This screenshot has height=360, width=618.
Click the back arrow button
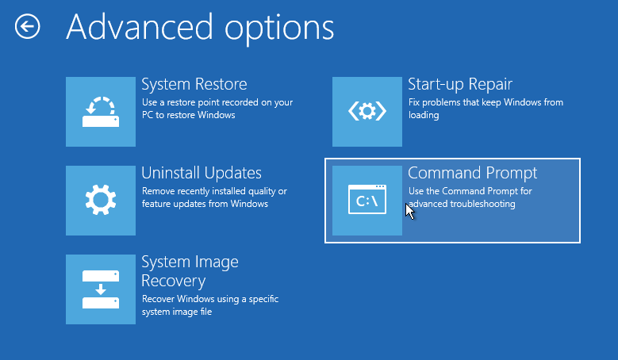pyautogui.click(x=28, y=27)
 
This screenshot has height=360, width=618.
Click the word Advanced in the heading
pyautogui.click(x=140, y=27)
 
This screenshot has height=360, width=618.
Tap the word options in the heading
pyautogui.click(x=279, y=30)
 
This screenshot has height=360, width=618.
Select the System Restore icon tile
pyautogui.click(x=101, y=112)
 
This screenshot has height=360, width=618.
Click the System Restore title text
pyautogui.click(x=194, y=84)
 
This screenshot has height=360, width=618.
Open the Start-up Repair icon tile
pyautogui.click(x=367, y=112)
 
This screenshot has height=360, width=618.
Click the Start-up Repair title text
pyautogui.click(x=460, y=85)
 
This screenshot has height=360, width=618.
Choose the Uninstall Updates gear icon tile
pyautogui.click(x=101, y=201)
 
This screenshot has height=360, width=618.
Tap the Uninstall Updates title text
pyautogui.click(x=202, y=174)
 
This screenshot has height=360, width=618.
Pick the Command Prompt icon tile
pyautogui.click(x=367, y=201)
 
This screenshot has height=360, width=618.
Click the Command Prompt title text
pyautogui.click(x=473, y=174)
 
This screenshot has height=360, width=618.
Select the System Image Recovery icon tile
pyautogui.click(x=101, y=289)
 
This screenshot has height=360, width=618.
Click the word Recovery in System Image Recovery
pyautogui.click(x=174, y=281)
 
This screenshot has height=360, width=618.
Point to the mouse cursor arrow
pyautogui.click(x=409, y=211)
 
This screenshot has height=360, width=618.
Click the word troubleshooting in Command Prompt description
pyautogui.click(x=483, y=205)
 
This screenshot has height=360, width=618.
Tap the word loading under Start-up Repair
pyautogui.click(x=424, y=116)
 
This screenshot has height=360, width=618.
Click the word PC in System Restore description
pyautogui.click(x=148, y=115)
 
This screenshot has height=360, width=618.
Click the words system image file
pyautogui.click(x=177, y=312)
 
